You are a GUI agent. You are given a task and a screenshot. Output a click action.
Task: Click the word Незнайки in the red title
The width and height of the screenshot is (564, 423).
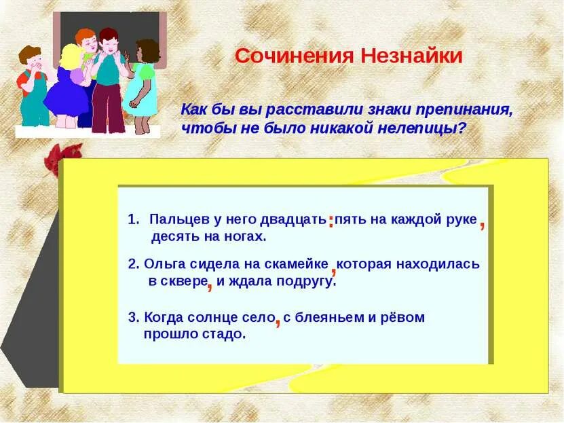click(x=411, y=56)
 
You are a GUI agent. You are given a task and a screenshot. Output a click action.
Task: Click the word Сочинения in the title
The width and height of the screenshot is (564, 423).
click(x=295, y=56)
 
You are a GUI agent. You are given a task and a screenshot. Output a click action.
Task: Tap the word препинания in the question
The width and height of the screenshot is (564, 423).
click(x=464, y=110)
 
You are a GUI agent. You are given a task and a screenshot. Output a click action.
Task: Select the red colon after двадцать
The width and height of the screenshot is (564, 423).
click(x=331, y=221)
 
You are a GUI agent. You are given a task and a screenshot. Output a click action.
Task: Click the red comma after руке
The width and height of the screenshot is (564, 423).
click(x=483, y=225)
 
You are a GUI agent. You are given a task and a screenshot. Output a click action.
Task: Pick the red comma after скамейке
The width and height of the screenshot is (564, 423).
click(x=333, y=268)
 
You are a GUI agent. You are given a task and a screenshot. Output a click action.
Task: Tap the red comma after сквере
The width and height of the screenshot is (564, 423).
click(x=210, y=286)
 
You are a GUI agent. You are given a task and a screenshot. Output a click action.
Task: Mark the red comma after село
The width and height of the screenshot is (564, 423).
click(x=278, y=321)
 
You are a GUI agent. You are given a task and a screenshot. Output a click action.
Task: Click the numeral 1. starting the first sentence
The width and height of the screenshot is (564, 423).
click(x=133, y=219)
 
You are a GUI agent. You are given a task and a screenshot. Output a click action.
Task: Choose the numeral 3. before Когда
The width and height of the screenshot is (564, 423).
click(x=134, y=317)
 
